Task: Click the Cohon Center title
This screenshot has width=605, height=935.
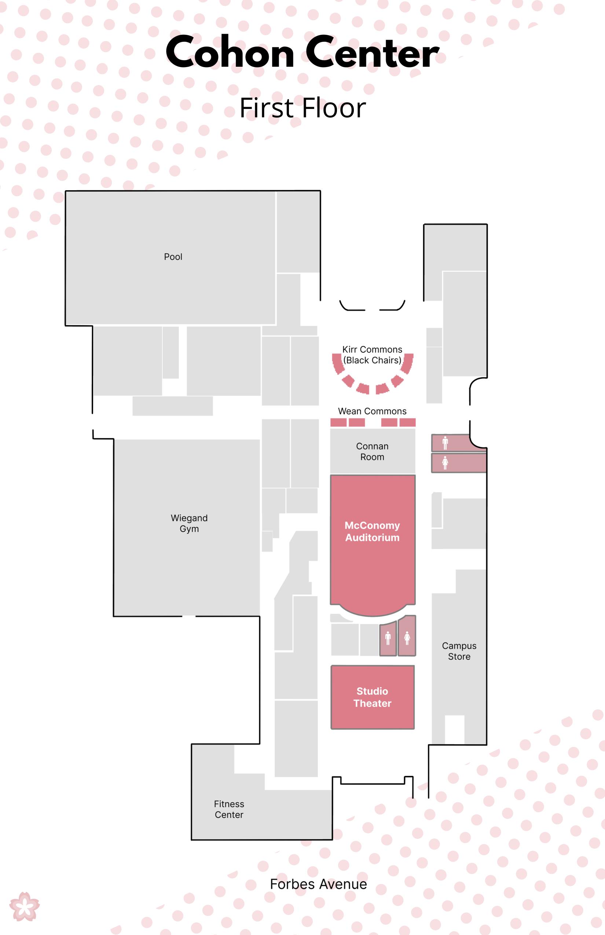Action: coord(302,52)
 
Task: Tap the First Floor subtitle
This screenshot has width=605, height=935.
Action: coord(302,108)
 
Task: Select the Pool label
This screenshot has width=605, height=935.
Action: coord(173,257)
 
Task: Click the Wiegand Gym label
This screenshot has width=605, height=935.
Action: coord(189,523)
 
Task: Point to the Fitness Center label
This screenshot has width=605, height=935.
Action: coord(229,809)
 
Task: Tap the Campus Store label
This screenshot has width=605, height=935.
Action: coord(459,651)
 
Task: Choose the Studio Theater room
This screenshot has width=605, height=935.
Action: coord(373,697)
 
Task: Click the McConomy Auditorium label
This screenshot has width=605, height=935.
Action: coord(372,531)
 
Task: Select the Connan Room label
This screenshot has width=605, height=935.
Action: coord(372,451)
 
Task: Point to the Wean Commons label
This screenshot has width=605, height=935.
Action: coord(372,411)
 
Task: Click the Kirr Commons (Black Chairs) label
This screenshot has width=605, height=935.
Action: coord(372,355)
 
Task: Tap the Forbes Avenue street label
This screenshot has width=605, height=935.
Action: coord(318,884)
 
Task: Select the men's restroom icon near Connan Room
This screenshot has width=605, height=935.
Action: coord(445,443)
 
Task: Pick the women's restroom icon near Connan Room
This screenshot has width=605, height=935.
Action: coord(445,462)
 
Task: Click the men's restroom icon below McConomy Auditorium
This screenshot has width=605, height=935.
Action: coord(388,638)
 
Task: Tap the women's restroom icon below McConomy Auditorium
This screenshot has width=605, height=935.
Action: coord(407,638)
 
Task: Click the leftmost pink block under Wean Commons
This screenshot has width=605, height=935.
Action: coord(338,422)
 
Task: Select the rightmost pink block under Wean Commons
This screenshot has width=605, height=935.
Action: coord(407,422)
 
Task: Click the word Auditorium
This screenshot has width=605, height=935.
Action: coord(372,538)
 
